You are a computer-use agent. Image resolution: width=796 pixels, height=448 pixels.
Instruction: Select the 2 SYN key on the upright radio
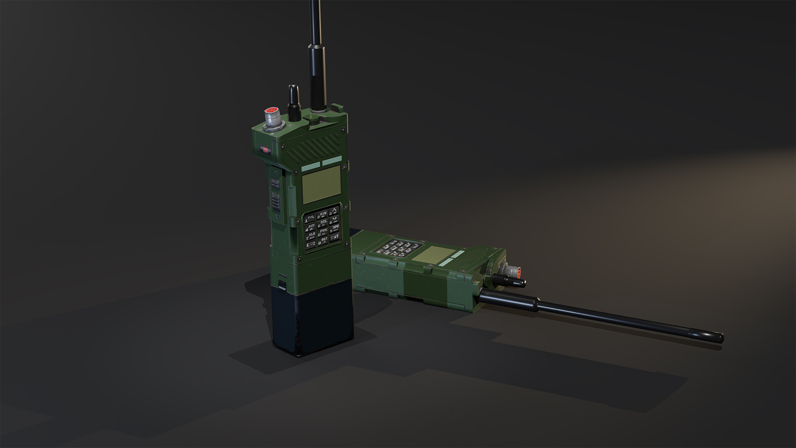[323, 215]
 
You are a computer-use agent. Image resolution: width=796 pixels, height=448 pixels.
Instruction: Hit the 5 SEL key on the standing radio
[323, 224]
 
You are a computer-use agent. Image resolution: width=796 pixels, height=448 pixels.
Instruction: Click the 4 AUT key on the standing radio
[311, 227]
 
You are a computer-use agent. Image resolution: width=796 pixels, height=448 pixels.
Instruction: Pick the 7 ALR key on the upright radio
[311, 236]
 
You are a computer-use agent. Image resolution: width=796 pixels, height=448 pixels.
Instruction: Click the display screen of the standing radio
[321, 183]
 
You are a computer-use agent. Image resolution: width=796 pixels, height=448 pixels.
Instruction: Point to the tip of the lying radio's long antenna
[721, 337]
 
